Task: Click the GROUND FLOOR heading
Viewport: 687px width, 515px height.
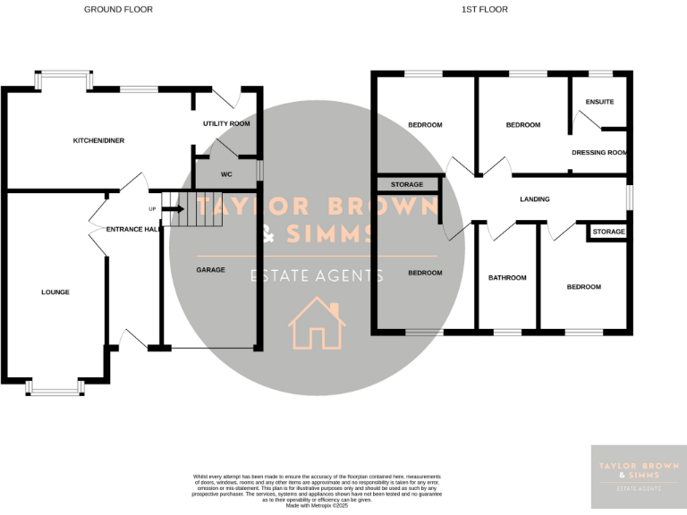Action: tap(118, 9)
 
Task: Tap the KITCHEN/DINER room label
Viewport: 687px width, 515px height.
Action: tap(98, 141)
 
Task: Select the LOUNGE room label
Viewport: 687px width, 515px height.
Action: tap(55, 292)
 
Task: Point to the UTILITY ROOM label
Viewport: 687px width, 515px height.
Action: tap(226, 123)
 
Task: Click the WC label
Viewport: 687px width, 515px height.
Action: tap(226, 174)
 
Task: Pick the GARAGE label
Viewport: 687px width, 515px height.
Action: tap(211, 270)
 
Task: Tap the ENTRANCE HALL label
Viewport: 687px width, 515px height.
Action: tap(132, 230)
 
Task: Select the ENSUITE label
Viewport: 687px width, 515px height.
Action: tap(600, 102)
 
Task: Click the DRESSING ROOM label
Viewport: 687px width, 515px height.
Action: tap(599, 153)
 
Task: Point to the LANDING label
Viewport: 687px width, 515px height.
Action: tap(534, 199)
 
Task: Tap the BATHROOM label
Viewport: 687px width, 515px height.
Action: tap(507, 278)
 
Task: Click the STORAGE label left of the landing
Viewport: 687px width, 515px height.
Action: tap(407, 185)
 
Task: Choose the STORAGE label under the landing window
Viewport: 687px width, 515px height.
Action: tap(609, 232)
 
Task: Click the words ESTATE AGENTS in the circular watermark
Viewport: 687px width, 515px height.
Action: tap(318, 276)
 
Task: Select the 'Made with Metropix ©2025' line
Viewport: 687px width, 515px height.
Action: tap(318, 505)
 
